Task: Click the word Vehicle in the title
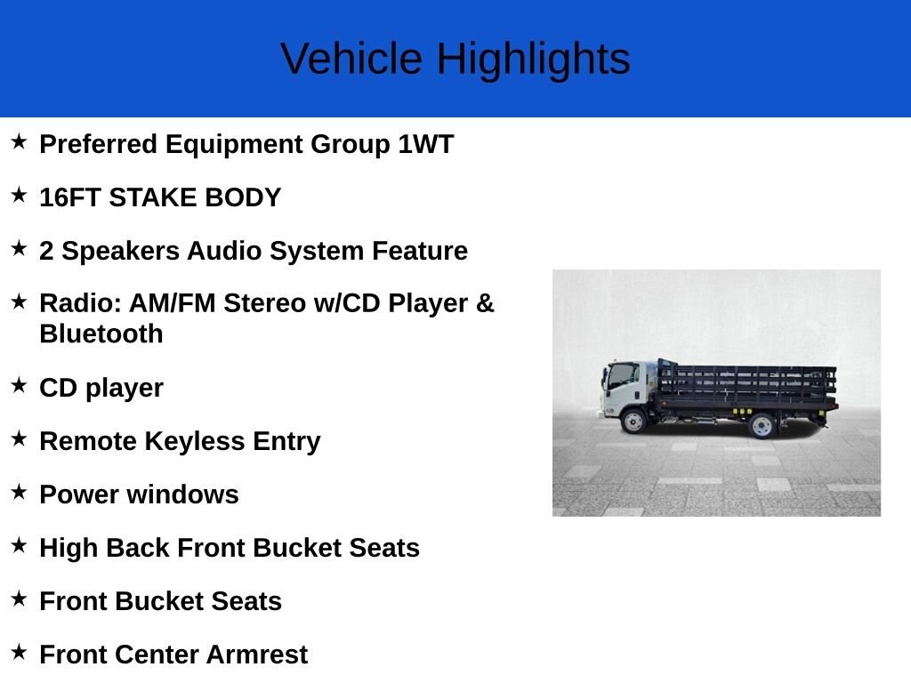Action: (x=351, y=59)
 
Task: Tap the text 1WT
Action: (x=426, y=144)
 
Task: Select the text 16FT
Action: (x=70, y=197)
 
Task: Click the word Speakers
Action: (x=121, y=252)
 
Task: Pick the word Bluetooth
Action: (x=101, y=334)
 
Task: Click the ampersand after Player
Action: (x=485, y=303)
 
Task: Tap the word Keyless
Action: (x=195, y=441)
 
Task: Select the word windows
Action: (x=182, y=494)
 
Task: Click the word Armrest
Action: (x=257, y=655)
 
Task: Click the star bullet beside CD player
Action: (x=20, y=384)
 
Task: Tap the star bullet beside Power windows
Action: (x=20, y=491)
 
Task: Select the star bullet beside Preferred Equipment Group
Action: (x=20, y=141)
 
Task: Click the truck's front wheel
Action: (x=633, y=421)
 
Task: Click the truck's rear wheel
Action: (x=762, y=426)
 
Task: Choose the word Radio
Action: (x=80, y=303)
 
